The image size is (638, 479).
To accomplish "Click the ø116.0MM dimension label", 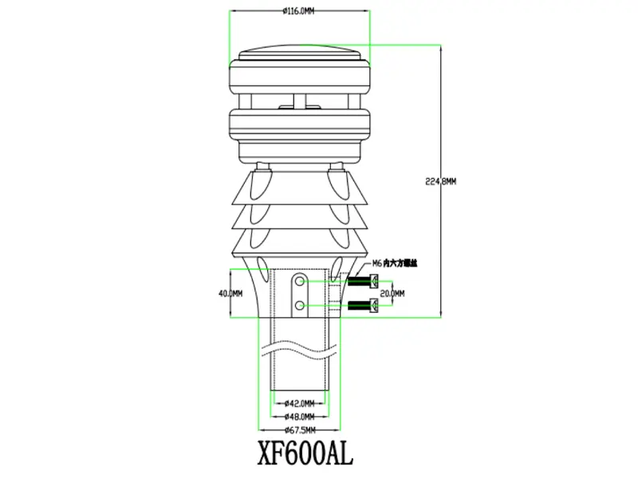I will click(x=299, y=11).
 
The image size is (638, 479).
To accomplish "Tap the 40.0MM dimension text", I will click(x=230, y=293).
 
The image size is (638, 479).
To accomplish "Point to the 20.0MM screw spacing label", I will click(x=392, y=293).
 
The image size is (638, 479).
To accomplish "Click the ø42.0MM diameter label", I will click(x=299, y=402).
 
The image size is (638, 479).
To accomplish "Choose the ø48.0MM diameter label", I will click(x=299, y=417).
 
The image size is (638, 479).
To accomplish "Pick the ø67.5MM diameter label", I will click(x=299, y=431).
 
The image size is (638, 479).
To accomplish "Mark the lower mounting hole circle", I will click(x=299, y=306).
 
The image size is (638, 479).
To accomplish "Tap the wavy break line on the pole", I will click(x=299, y=349).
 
